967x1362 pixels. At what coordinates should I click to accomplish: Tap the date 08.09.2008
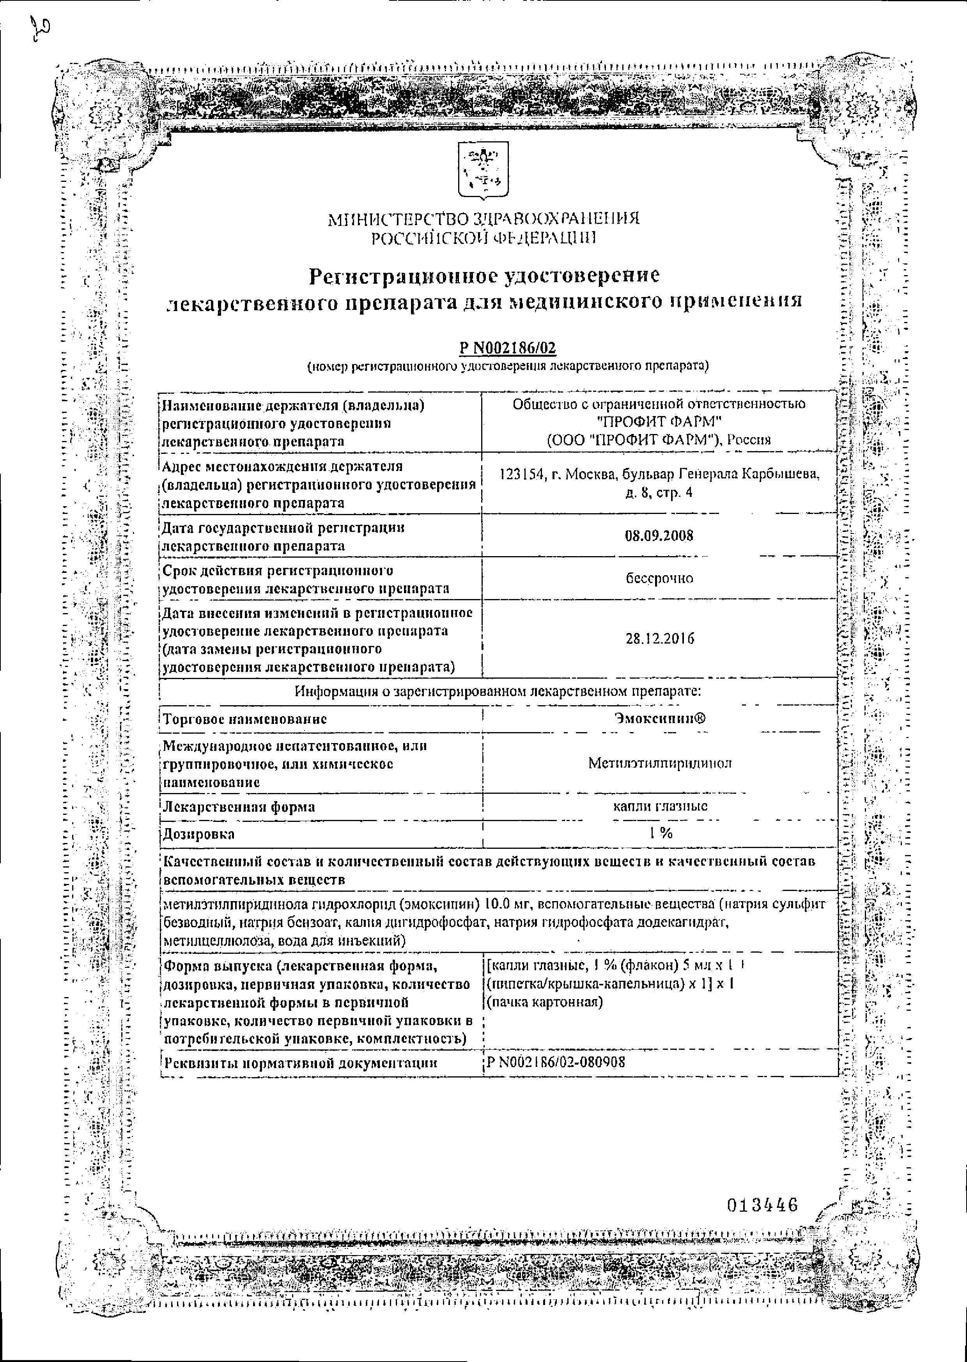pyautogui.click(x=659, y=535)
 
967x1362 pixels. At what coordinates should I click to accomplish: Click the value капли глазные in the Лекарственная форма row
pyautogui.click(x=660, y=807)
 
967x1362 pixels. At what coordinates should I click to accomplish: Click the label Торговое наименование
pyautogui.click(x=245, y=719)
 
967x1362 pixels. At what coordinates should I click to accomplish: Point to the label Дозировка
pyautogui.click(x=199, y=834)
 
